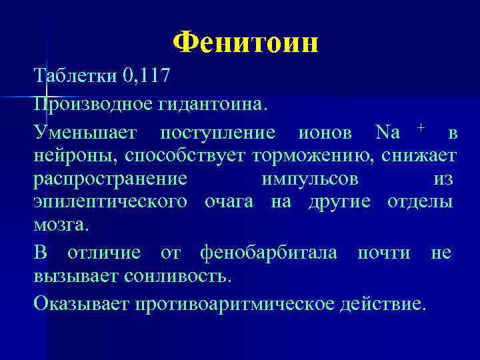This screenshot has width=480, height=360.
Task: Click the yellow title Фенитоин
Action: click(x=245, y=43)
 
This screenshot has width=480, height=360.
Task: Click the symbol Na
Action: click(x=387, y=133)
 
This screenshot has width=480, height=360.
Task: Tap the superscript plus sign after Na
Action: click(x=421, y=127)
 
